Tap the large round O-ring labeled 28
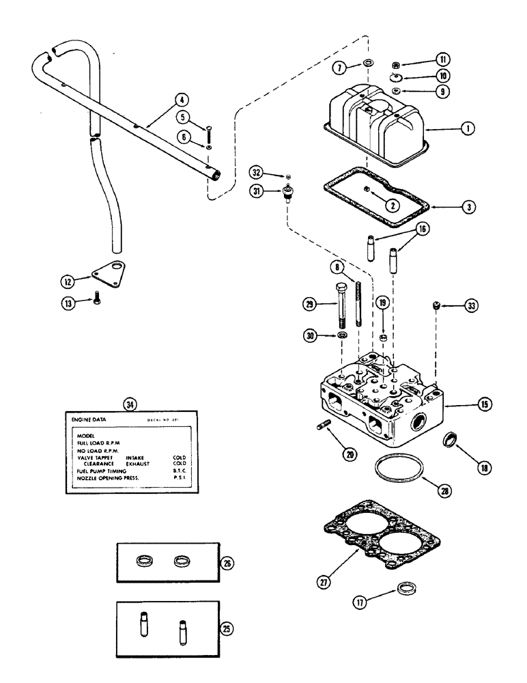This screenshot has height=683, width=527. click(x=398, y=471)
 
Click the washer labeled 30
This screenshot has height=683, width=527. click(x=342, y=336)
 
